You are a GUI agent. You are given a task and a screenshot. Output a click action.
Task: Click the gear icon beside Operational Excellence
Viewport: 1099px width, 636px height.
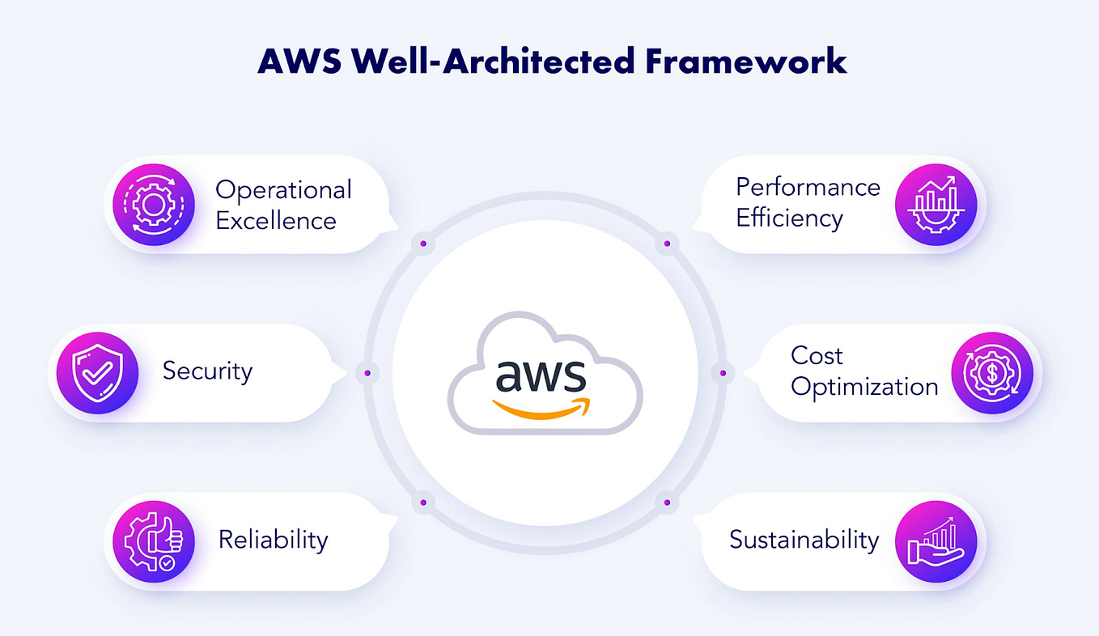(154, 204)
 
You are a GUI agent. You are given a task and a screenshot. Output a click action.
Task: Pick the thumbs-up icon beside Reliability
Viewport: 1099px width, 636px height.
(154, 541)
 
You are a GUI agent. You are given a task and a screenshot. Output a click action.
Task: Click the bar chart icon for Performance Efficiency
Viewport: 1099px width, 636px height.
(936, 204)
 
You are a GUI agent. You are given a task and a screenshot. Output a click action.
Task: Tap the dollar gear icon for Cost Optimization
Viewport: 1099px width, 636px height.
(992, 372)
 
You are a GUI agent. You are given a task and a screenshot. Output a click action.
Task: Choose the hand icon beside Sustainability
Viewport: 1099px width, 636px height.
(936, 541)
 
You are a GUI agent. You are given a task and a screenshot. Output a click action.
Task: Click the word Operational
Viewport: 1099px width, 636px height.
(283, 190)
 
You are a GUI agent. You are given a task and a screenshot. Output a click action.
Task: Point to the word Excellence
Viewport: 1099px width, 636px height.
(275, 220)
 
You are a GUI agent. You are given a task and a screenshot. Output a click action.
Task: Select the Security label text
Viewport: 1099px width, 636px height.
(207, 371)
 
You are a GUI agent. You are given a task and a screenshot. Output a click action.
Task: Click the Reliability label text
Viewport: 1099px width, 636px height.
(273, 540)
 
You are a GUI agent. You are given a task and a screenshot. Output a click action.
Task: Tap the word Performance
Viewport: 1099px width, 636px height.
(808, 187)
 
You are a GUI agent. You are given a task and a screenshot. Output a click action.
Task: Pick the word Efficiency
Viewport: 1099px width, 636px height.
(789, 218)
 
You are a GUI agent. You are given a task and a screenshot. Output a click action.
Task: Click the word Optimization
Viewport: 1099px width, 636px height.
(864, 387)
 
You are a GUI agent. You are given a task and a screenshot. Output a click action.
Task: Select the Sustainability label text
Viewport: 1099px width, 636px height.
(804, 540)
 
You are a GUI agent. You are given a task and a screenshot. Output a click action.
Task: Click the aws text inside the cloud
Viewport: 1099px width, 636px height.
(540, 374)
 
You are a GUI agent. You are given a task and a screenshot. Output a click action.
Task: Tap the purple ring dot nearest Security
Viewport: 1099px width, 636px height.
(367, 373)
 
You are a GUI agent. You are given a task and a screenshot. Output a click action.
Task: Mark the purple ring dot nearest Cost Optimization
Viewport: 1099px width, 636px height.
(723, 373)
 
